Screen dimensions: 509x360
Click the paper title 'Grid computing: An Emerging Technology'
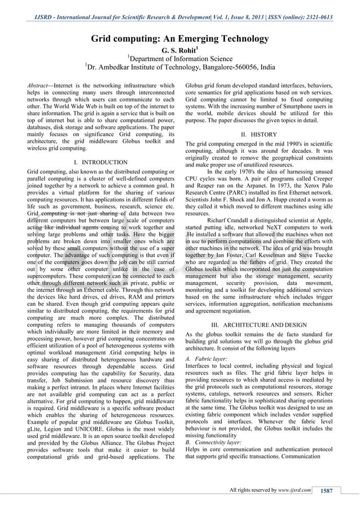pos(180,39)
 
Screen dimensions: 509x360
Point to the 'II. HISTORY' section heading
pos(259,135)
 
